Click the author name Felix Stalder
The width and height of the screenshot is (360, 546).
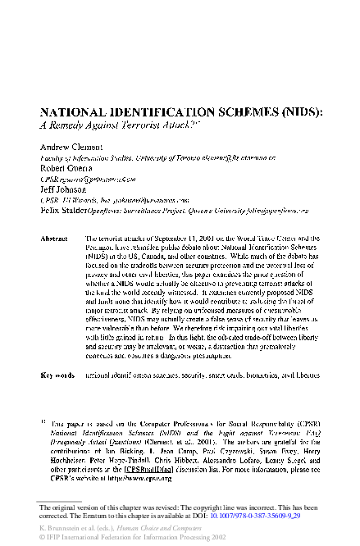(x=65, y=209)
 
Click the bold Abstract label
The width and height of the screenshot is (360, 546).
(x=54, y=238)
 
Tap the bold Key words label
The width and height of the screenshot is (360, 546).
(x=57, y=375)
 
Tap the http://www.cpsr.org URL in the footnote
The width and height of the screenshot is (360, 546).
(x=133, y=478)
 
